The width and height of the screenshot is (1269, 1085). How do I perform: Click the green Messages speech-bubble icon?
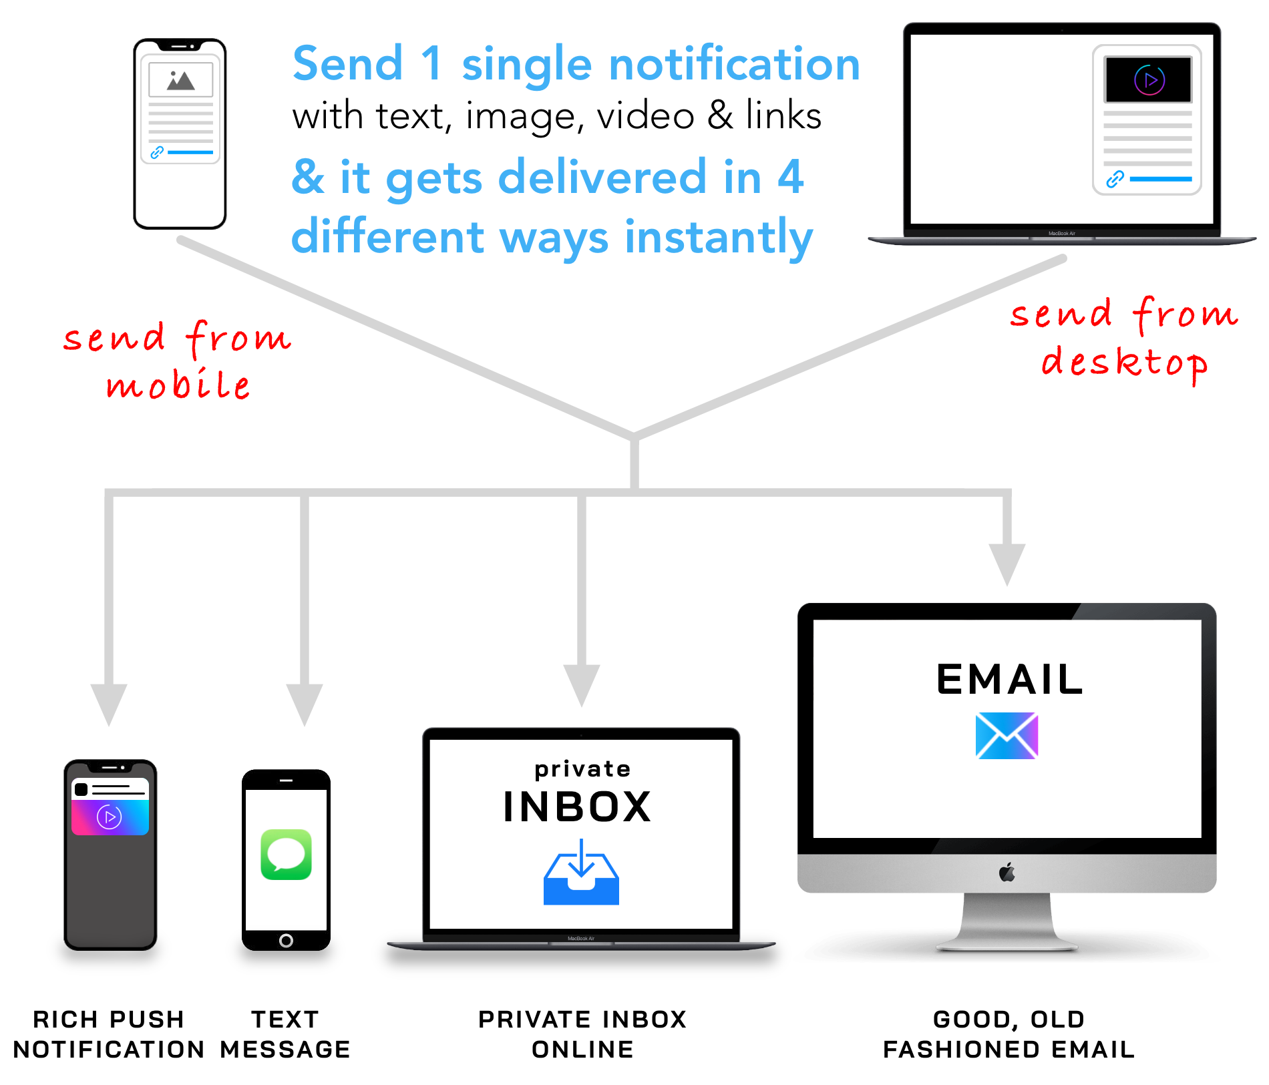(x=286, y=854)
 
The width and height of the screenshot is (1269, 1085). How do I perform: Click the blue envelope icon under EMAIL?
(x=1007, y=736)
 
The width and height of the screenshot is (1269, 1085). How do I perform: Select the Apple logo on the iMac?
(x=1007, y=872)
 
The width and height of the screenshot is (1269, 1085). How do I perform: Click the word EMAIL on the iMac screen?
(x=1009, y=680)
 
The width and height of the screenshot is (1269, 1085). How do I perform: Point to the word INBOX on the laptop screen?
(x=577, y=807)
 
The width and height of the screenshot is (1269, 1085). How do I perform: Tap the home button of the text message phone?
(x=286, y=941)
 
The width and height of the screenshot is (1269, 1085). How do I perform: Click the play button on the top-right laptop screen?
(x=1149, y=80)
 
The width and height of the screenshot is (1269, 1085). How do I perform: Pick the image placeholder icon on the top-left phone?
(x=180, y=80)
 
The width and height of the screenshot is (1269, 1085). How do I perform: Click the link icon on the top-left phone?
(x=157, y=152)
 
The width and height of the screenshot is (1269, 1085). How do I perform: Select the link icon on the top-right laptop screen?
(x=1115, y=179)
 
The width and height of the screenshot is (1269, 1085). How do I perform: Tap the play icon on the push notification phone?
(x=110, y=817)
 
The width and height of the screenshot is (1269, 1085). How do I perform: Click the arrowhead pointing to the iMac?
(x=1007, y=564)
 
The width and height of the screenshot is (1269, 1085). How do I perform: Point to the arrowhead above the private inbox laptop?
(x=581, y=684)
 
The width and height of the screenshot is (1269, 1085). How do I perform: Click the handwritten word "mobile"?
(x=178, y=385)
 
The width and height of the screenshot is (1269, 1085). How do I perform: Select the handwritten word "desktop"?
(x=1124, y=363)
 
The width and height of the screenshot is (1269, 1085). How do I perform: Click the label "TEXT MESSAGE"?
(x=285, y=1034)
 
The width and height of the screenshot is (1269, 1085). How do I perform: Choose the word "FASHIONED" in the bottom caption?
(x=962, y=1050)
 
